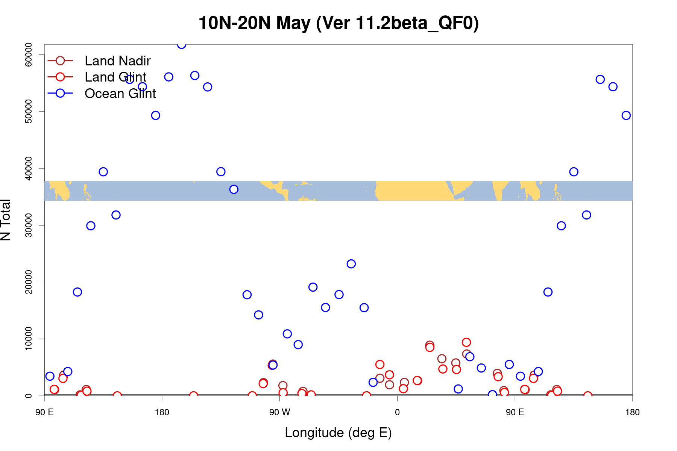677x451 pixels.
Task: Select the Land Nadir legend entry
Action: (117, 61)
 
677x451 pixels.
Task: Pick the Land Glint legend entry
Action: (115, 77)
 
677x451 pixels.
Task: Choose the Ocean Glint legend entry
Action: (120, 94)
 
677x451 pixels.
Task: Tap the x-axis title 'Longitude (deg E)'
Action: (338, 433)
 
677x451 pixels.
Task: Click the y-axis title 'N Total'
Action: (6, 220)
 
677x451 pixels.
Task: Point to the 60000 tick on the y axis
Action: (29, 54)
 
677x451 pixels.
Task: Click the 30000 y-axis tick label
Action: (29, 225)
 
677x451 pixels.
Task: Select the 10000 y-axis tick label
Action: (29, 339)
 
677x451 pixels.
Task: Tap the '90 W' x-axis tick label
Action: (279, 412)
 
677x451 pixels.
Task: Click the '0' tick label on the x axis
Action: (397, 412)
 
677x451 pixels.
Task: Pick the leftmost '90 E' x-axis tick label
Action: (44, 412)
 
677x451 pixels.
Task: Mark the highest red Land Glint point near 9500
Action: (466, 342)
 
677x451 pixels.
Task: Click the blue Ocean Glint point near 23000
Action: (351, 264)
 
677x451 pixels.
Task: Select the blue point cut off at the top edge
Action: (181, 45)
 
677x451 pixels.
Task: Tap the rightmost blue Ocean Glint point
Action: (626, 115)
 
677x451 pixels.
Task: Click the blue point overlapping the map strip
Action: (234, 189)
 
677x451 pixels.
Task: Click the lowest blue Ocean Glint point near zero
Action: (492, 394)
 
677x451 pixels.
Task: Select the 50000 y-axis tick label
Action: (29, 111)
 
